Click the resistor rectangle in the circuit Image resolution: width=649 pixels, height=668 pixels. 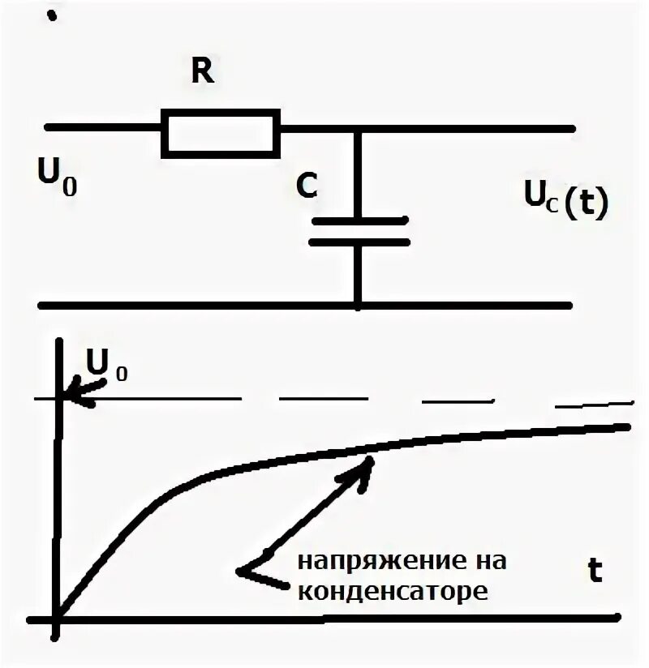221,132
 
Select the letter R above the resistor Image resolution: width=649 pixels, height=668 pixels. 202,72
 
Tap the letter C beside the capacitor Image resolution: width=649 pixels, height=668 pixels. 307,187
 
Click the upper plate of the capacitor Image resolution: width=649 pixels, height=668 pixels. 359,220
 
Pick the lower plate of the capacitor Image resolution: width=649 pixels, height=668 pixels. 359,241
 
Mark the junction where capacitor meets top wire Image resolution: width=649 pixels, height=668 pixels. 358,128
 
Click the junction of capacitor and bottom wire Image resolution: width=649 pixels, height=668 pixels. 358,306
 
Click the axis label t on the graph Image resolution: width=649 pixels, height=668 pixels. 596,572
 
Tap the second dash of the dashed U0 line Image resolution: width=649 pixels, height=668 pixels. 322,399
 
